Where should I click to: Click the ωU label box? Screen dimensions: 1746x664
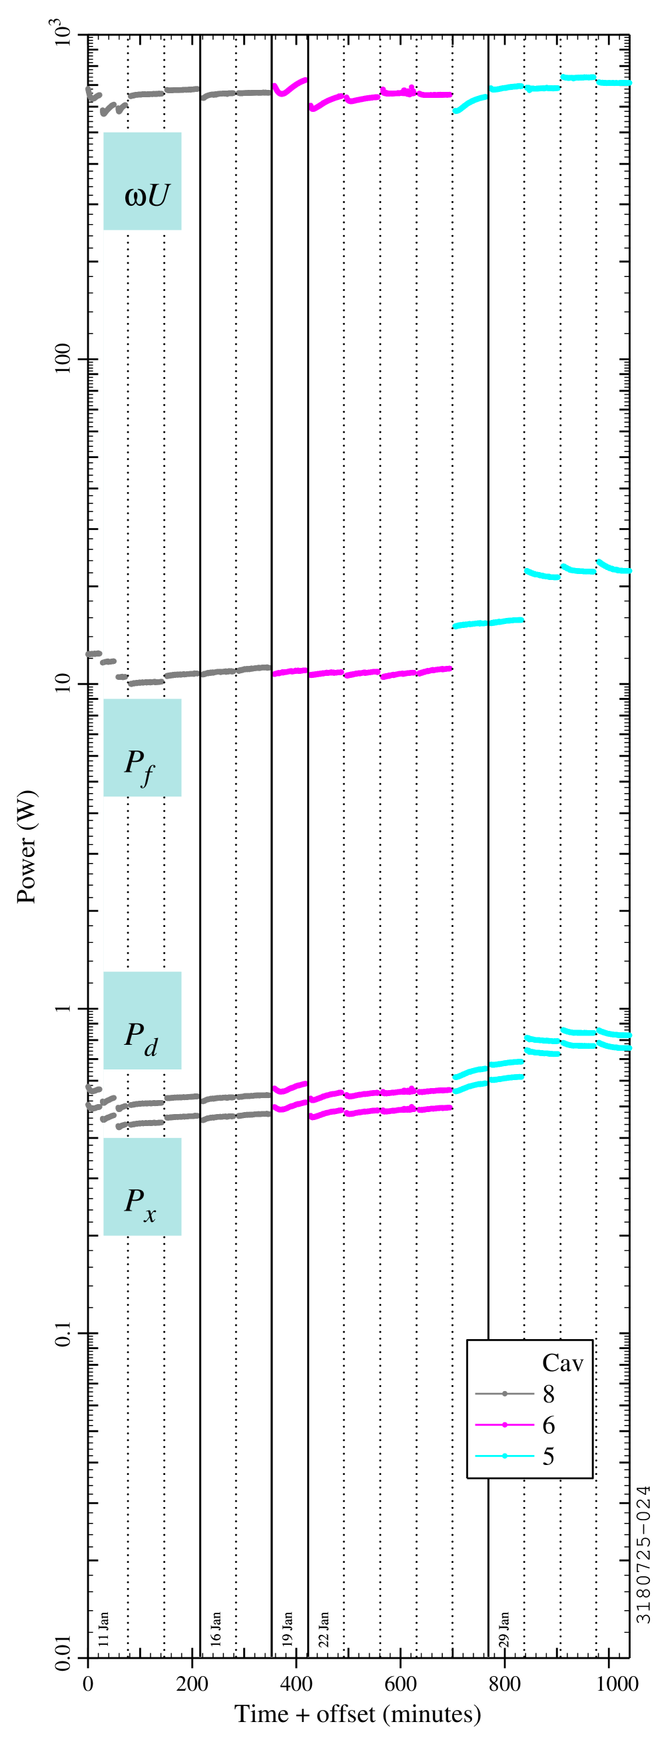pos(143,181)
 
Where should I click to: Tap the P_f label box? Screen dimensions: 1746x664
pos(143,748)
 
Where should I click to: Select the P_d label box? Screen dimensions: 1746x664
pos(143,1020)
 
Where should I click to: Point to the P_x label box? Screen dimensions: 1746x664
pos(143,1186)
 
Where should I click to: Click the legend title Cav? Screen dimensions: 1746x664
pos(562,1362)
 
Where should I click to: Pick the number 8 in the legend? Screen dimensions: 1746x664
pos(548,1394)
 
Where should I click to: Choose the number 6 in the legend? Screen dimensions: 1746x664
pos(548,1425)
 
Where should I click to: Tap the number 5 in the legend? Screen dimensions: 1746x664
pos(548,1456)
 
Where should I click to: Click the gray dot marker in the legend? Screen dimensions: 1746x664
pos(505,1394)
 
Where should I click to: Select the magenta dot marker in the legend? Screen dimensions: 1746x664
pos(505,1425)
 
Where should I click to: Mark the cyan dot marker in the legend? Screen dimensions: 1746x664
pos(505,1456)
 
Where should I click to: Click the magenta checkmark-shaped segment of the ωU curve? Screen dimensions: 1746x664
pos(288,88)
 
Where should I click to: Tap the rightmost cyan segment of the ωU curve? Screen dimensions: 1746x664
pos(615,83)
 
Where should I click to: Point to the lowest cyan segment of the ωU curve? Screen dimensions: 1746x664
pos(469,104)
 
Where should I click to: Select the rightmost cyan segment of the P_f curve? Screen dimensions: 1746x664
pos(614,567)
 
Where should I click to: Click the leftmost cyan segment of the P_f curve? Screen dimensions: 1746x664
pos(470,623)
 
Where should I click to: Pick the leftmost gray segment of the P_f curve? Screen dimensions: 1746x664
pos(93,653)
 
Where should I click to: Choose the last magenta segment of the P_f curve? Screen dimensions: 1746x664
pos(434,671)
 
